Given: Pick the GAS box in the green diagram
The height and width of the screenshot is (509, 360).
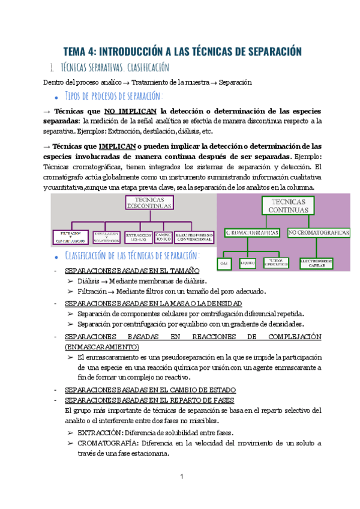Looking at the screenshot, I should (226, 262).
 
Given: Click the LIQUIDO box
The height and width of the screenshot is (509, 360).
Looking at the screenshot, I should (248, 262).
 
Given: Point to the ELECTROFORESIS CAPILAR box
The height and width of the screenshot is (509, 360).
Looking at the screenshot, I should (317, 262).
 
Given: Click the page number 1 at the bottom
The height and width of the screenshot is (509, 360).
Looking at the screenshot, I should (181, 477).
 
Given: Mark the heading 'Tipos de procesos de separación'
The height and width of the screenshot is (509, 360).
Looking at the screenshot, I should (113, 96).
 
